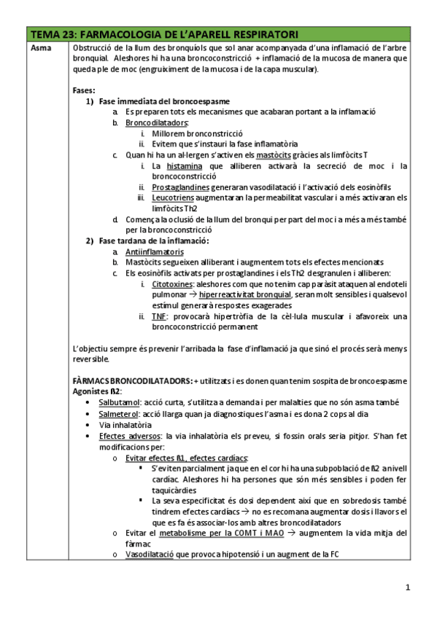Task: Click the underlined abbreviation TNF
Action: click(x=158, y=316)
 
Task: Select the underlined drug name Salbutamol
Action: click(x=120, y=402)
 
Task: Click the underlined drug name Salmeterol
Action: click(x=120, y=413)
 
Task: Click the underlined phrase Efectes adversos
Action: click(x=124, y=434)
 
